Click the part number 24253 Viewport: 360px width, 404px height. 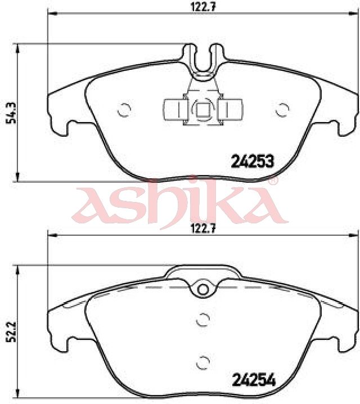(253, 161)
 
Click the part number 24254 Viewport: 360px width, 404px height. (254, 380)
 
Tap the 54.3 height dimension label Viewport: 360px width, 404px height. (11, 113)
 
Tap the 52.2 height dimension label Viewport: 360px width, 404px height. (11, 331)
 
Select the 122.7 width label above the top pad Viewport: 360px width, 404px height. (203, 7)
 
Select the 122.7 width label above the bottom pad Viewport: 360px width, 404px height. (203, 228)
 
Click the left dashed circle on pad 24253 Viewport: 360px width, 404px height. (124, 110)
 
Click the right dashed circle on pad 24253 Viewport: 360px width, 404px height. (282, 110)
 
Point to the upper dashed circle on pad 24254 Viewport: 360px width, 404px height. (203, 320)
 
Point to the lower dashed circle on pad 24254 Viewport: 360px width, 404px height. (203, 362)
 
